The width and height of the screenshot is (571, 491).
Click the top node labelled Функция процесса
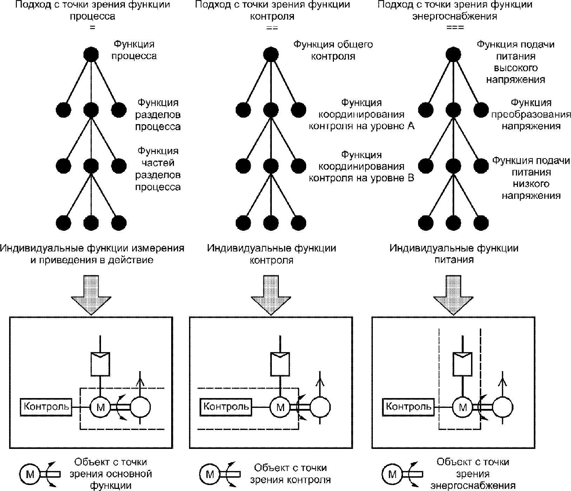91,54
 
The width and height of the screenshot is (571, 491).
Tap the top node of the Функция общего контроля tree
271,54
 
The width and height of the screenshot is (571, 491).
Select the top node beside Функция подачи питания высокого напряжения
453,54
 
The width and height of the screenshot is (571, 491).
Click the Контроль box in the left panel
46,407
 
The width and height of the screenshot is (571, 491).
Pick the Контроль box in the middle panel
226,407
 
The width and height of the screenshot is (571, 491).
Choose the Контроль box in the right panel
409,407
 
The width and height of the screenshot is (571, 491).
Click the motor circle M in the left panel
100,407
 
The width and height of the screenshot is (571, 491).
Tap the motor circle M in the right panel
463,407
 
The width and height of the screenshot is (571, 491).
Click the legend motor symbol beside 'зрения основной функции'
30,475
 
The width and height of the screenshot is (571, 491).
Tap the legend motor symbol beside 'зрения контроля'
210,475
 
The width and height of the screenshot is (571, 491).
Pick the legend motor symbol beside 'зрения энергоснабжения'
392,475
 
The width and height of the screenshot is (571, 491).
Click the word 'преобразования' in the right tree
531,115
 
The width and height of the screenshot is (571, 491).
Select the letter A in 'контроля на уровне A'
411,126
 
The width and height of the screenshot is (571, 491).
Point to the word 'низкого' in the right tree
531,184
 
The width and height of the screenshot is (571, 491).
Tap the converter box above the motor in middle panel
280,364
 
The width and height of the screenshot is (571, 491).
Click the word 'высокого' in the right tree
516,68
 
